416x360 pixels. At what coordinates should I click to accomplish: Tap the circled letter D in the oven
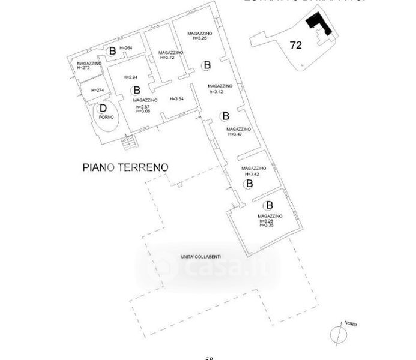(x=103, y=109)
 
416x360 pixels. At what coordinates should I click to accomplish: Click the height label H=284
(x=126, y=48)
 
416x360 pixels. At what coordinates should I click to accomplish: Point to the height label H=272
(x=83, y=68)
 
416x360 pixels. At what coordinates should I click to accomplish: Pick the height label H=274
(x=97, y=90)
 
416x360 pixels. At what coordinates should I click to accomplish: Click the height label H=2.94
(x=131, y=77)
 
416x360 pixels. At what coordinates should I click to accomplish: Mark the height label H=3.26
(x=198, y=38)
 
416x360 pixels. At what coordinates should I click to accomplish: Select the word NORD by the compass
(x=350, y=324)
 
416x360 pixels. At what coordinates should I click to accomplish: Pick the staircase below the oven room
(x=127, y=143)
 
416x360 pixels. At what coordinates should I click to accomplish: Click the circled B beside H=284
(x=112, y=50)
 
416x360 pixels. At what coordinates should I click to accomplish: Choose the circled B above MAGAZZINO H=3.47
(x=225, y=116)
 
